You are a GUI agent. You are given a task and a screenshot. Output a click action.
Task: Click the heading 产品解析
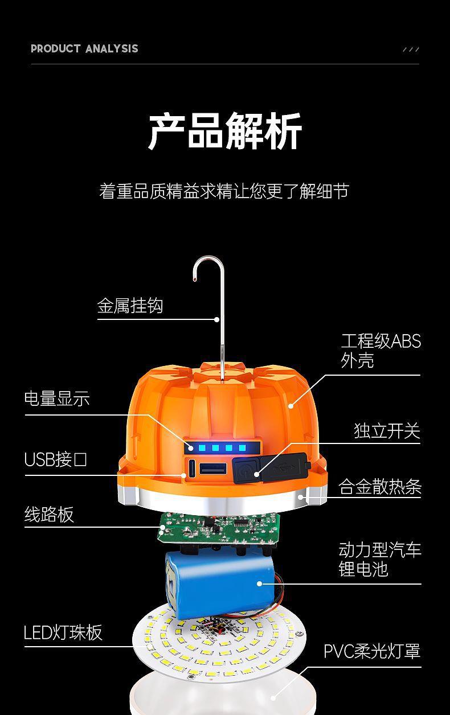(x=225, y=132)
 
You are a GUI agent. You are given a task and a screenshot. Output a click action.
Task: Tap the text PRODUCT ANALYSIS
(x=84, y=49)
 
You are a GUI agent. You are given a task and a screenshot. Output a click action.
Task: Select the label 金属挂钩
(x=130, y=306)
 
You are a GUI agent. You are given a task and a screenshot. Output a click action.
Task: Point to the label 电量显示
(x=57, y=398)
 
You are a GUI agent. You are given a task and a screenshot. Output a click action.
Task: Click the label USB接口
(x=56, y=459)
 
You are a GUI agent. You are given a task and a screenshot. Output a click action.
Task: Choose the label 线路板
(x=49, y=515)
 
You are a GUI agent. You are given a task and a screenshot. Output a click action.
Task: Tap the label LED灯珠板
(x=63, y=632)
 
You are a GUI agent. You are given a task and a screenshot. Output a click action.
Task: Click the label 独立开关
(x=387, y=431)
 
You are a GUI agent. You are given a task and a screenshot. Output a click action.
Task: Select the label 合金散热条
(x=379, y=487)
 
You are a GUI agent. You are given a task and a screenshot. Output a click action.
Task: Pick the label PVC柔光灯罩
(x=372, y=651)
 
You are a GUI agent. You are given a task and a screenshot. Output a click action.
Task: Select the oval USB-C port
(x=191, y=469)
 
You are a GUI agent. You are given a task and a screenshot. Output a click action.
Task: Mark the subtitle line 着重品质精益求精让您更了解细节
(x=224, y=191)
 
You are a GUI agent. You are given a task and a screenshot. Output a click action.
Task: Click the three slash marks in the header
(x=411, y=50)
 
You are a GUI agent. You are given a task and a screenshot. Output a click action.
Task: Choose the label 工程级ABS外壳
(x=381, y=350)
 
